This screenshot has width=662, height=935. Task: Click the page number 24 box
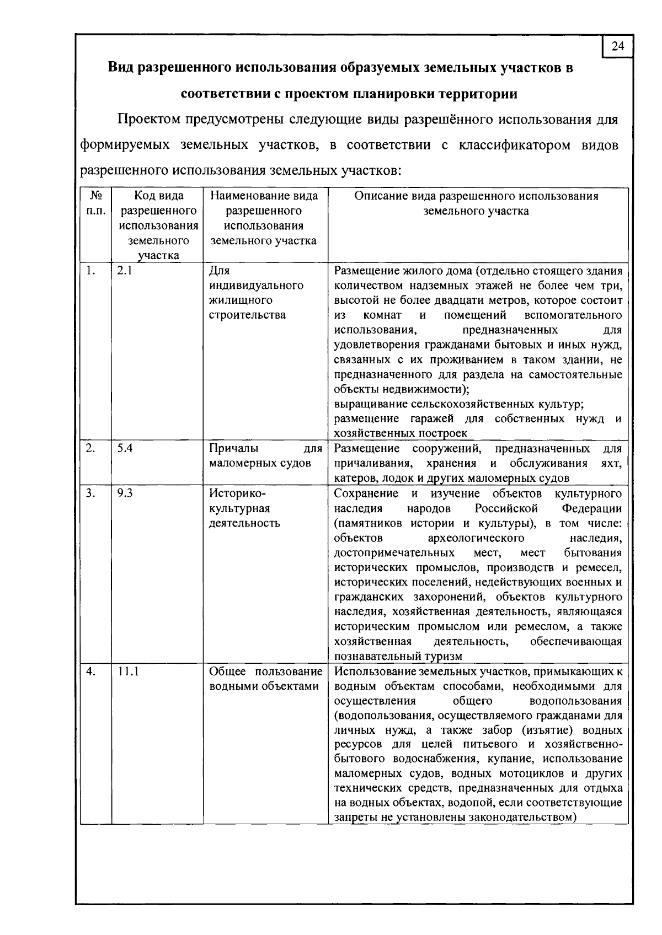coord(618,46)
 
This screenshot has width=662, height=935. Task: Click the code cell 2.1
coord(124,271)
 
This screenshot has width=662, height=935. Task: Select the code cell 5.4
coord(125,448)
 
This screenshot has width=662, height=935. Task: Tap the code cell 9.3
coord(125,493)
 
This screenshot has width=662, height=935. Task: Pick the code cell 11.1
coord(127,671)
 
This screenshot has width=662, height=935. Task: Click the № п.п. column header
coord(96,203)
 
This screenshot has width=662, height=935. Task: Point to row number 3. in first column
coord(90,493)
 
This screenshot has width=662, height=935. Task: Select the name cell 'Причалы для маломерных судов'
coord(265,456)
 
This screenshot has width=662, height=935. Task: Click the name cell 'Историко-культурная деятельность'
coord(244,508)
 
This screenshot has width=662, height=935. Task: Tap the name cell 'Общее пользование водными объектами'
coord(265,679)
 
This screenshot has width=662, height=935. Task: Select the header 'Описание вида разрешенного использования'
coord(476,196)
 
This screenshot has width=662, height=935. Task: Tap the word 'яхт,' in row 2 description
coord(611,463)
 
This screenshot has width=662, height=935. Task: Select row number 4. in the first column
coord(90,671)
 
